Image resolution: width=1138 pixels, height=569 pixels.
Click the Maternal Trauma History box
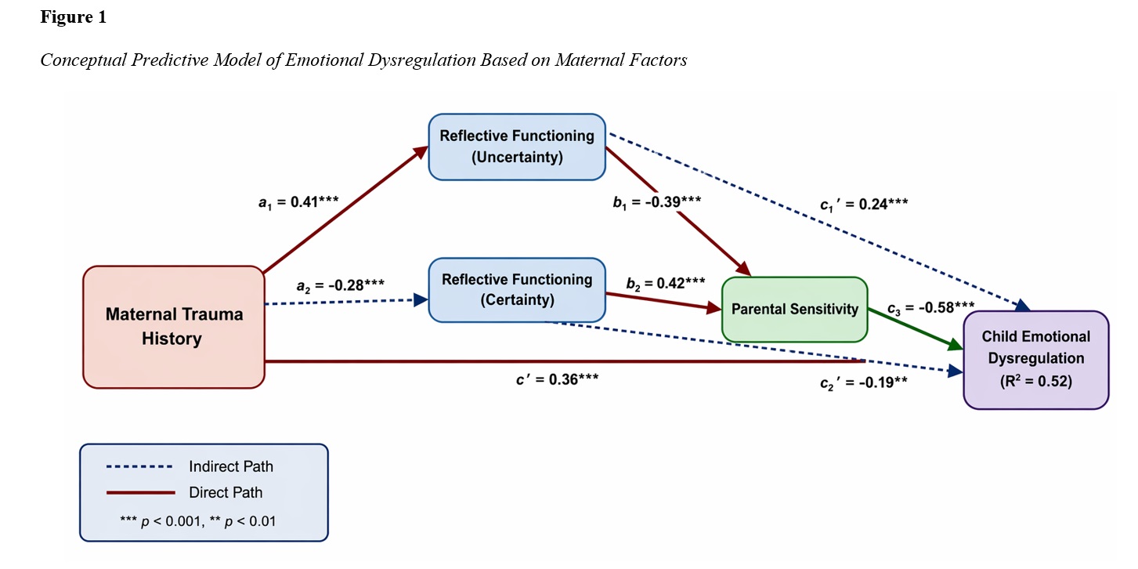[174, 327]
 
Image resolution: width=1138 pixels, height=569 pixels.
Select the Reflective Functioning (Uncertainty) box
[517, 146]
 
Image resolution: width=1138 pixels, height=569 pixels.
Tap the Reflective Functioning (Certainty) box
[517, 289]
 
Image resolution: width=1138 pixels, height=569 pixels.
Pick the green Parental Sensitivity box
[794, 309]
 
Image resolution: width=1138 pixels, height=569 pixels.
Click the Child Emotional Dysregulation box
[1036, 359]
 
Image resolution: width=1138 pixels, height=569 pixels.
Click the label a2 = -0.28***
[340, 285]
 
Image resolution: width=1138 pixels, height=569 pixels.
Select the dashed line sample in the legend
[140, 467]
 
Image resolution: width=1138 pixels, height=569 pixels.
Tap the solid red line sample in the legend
[140, 493]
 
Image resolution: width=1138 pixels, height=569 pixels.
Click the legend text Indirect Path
[231, 467]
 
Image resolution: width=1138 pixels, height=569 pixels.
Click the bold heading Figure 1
[73, 18]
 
